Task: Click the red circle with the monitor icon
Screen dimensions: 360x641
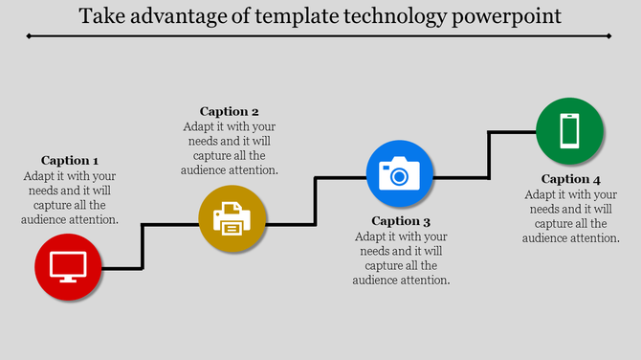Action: [68, 267]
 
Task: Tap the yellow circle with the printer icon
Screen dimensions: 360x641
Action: [232, 220]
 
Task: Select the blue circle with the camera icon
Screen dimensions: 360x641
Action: [399, 174]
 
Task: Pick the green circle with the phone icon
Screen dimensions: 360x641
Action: [569, 131]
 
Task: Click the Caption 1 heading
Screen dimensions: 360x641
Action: [70, 160]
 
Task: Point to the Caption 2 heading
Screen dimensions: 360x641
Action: [230, 111]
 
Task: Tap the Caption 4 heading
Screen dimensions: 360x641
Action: [571, 179]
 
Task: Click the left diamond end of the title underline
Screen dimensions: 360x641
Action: [30, 35]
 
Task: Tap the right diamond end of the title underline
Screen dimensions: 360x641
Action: [610, 35]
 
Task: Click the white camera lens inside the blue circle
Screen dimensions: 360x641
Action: [399, 176]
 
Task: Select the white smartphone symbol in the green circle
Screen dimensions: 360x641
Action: [569, 131]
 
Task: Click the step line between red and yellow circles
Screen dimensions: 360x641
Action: [143, 246]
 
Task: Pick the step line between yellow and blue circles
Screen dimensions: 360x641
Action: [316, 200]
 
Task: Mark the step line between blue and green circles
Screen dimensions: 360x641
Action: [490, 154]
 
